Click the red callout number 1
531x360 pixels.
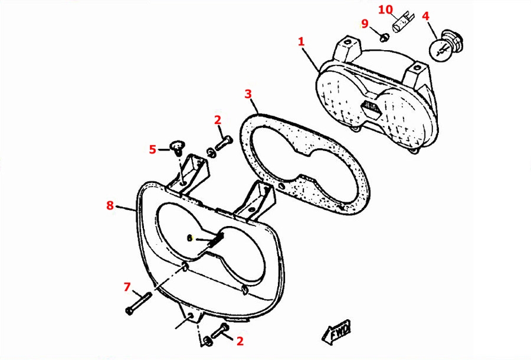click(x=301, y=42)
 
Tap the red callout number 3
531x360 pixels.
click(x=248, y=94)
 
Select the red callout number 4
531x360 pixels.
click(x=425, y=16)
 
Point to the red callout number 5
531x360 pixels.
click(x=153, y=149)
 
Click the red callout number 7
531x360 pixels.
click(x=127, y=287)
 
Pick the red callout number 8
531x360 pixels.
click(x=110, y=205)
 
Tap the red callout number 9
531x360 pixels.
click(x=365, y=24)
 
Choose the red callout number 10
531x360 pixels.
click(x=385, y=9)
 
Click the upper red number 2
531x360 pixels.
click(x=217, y=120)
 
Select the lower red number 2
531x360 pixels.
click(x=240, y=341)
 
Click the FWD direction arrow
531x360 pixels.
click(x=336, y=330)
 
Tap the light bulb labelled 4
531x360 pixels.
click(x=445, y=45)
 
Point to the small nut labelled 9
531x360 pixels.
click(x=383, y=36)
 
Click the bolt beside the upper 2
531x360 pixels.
click(x=224, y=143)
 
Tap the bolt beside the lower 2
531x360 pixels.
click(x=220, y=331)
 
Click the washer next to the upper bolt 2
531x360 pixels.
click(x=210, y=152)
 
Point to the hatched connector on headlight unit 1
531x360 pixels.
click(x=372, y=107)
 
